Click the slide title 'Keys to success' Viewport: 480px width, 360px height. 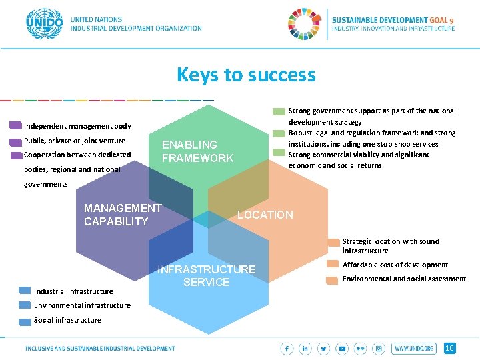pos(246,75)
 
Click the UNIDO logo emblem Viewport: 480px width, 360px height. pos(44,24)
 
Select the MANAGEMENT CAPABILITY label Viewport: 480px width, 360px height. pos(123,215)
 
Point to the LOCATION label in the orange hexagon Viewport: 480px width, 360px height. pos(265,215)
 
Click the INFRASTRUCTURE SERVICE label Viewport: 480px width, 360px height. pos(206,275)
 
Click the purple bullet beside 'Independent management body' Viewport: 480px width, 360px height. pos(15,125)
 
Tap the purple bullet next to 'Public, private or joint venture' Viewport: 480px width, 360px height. pos(15,141)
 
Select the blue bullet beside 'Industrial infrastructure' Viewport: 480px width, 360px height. pos(25,291)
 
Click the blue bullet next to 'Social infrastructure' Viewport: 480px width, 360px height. pos(25,320)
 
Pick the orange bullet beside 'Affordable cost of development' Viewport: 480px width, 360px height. pos(332,265)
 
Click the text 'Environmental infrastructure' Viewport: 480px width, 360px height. pos(82,305)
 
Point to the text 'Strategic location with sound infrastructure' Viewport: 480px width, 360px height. pos(391,246)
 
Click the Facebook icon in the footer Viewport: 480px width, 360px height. pos(287,349)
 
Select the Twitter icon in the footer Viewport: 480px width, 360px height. pos(324,349)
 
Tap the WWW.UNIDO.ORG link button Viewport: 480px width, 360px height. pos(413,349)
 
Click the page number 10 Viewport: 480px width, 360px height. pos(449,348)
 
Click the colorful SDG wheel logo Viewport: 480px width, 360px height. pos(303,25)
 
